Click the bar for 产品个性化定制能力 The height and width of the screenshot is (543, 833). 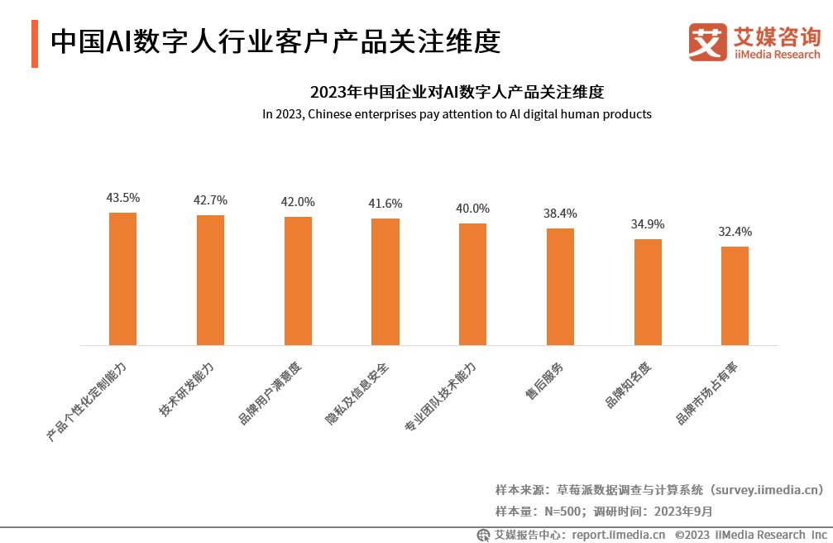[122, 279]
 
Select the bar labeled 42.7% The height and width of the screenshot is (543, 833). [210, 280]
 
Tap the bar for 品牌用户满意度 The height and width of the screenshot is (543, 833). [298, 281]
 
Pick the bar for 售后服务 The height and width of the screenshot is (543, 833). [560, 286]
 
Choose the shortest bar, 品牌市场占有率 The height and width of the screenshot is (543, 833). [735, 296]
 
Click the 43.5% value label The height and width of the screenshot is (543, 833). [122, 198]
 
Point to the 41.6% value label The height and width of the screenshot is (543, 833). [385, 204]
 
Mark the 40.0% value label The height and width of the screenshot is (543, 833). [472, 209]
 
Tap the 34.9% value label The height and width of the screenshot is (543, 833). [648, 224]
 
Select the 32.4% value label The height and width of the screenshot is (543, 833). [735, 232]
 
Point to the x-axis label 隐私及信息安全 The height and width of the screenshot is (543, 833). [357, 393]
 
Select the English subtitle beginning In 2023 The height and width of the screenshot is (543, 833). [457, 114]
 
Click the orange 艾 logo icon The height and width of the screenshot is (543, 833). [707, 42]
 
